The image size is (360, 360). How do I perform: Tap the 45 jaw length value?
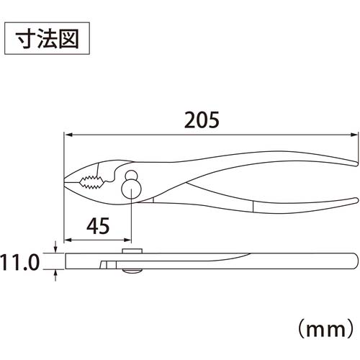(98, 227)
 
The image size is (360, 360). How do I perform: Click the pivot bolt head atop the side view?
(131, 249)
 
